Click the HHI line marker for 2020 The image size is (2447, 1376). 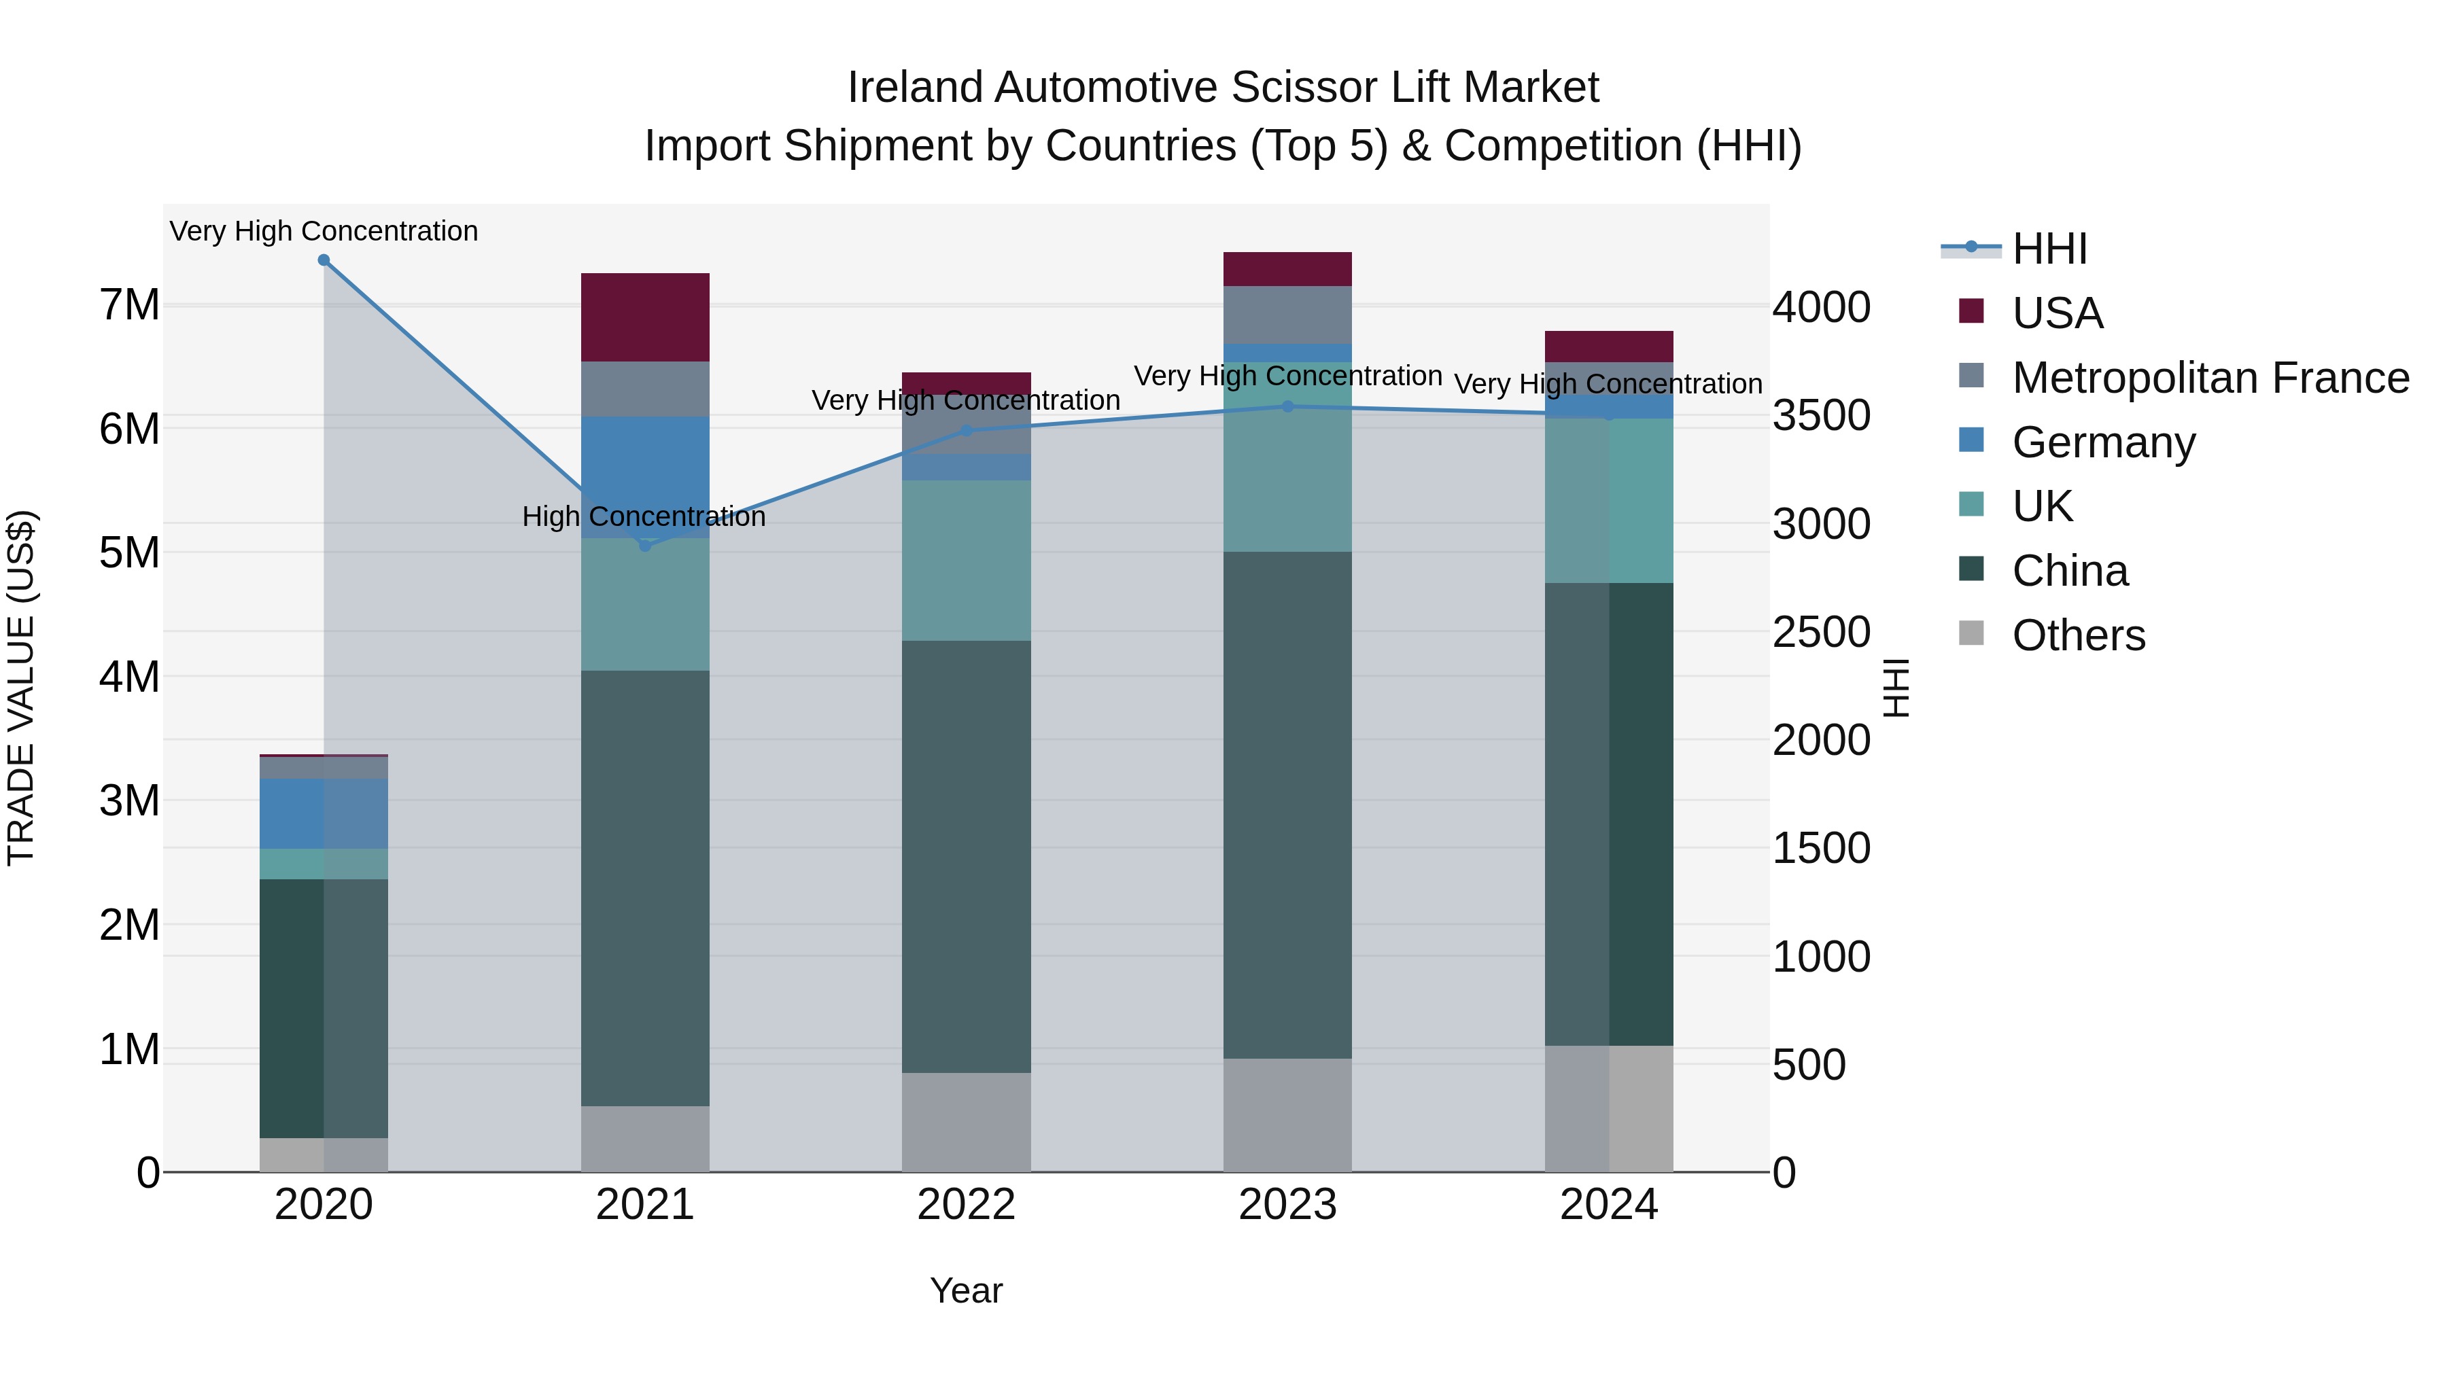[x=324, y=260]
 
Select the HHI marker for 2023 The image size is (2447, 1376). [x=1288, y=406]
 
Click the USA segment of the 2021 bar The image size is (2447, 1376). [x=645, y=317]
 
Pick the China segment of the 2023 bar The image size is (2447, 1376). [x=1288, y=805]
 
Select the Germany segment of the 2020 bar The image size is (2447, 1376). [x=324, y=814]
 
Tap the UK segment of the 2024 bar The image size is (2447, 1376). [x=1609, y=500]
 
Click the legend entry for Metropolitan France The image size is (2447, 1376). [x=2210, y=378]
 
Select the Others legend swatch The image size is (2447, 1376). [x=1972, y=633]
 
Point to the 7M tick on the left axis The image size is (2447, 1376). [x=129, y=305]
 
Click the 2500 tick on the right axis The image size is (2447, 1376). [x=1821, y=633]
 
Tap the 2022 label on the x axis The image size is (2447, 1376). [x=966, y=1205]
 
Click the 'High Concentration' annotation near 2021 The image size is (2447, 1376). [x=644, y=516]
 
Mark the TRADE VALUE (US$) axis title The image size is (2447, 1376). [x=21, y=688]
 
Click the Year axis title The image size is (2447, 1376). [x=966, y=1290]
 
